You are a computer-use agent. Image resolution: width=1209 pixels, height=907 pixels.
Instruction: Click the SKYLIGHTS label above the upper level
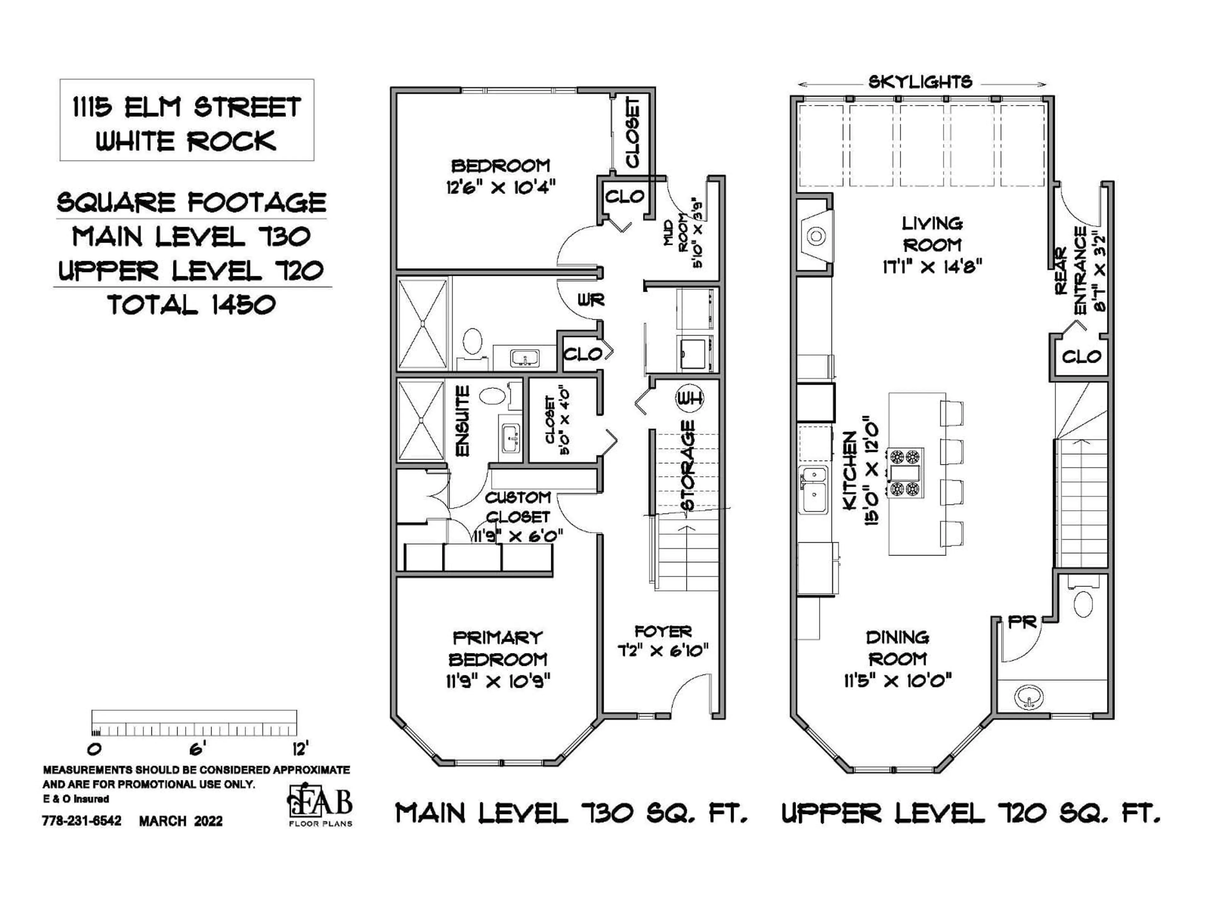tap(920, 83)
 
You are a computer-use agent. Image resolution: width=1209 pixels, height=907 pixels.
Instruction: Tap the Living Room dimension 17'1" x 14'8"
tap(932, 267)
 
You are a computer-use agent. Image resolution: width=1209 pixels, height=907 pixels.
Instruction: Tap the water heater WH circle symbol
tap(690, 399)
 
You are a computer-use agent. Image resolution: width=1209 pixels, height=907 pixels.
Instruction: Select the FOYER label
tap(663, 632)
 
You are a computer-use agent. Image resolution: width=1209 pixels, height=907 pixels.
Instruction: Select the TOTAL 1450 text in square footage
tap(192, 305)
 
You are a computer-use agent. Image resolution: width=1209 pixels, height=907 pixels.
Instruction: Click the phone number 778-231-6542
tap(82, 821)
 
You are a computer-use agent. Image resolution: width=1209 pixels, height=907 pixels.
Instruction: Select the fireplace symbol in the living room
tap(815, 236)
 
